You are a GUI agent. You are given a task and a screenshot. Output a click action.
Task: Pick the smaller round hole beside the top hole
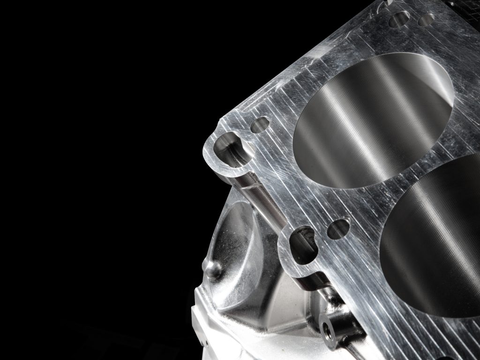pyautogui.click(x=426, y=20)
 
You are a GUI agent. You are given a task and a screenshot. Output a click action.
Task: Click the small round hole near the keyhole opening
pyautogui.click(x=260, y=125)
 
